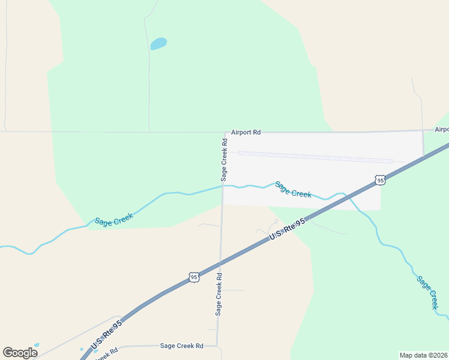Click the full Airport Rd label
(245, 132)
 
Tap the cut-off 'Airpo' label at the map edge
(441, 129)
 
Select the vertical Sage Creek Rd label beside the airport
(224, 160)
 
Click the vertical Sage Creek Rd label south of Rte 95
(219, 295)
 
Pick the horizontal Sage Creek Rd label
(181, 346)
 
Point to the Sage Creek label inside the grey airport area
(293, 189)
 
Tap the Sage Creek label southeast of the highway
(427, 292)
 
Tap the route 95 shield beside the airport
(379, 179)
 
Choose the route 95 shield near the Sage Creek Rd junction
(193, 277)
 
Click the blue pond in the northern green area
(158, 44)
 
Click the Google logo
(20, 353)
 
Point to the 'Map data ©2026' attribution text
(423, 355)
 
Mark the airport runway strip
(315, 157)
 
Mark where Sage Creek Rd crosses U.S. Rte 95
(220, 262)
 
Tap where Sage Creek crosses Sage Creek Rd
(223, 186)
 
